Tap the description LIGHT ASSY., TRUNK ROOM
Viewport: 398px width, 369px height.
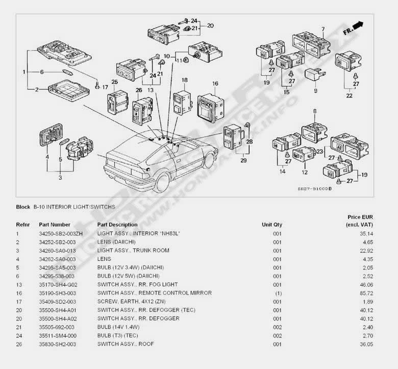(133, 250)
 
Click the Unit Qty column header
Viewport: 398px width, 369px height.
(271, 225)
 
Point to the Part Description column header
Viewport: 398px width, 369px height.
(117, 225)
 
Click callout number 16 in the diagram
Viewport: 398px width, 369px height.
(215, 84)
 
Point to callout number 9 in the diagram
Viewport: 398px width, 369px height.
(315, 91)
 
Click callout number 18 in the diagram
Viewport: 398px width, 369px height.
(184, 80)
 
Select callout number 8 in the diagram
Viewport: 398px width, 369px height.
(315, 111)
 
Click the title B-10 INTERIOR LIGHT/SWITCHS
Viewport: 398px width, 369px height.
(74, 207)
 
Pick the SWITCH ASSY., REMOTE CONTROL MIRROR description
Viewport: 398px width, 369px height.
(154, 293)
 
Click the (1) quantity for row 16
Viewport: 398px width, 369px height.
(278, 293)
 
